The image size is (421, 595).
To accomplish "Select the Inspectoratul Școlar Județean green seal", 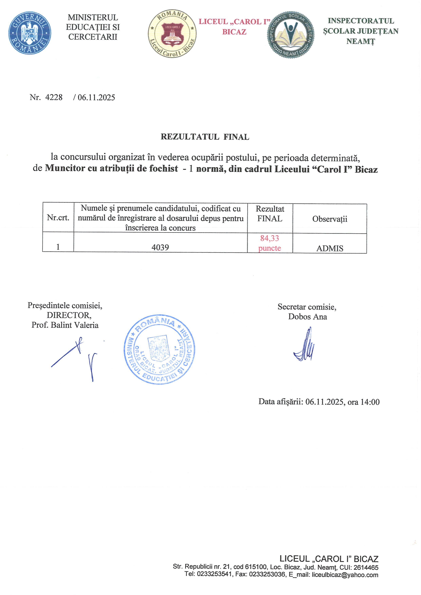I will point(291,34).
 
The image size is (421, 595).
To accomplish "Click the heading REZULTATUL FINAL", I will point(205,137).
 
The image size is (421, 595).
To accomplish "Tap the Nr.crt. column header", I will point(58,218).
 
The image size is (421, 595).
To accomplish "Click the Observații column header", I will point(330,219).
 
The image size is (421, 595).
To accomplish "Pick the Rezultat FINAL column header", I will point(270,214).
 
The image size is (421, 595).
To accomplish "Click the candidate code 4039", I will point(160,248).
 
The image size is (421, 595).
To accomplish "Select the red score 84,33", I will point(270,238).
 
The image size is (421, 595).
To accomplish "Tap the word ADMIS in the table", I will point(330,249).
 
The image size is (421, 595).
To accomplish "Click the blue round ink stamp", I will point(159,350).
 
